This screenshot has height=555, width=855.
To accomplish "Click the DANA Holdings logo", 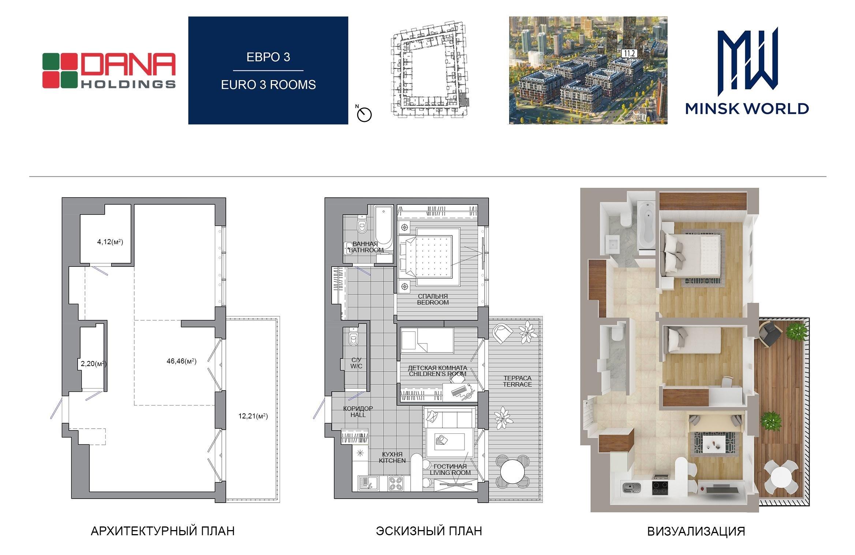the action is click(109, 70).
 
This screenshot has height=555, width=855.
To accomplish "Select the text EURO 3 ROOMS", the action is click(268, 85).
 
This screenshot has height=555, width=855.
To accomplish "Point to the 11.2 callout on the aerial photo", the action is click(629, 54).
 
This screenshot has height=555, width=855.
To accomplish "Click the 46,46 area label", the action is click(182, 361).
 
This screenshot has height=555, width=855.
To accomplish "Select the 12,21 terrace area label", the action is click(253, 416).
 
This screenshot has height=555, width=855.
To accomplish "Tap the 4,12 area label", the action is click(110, 242).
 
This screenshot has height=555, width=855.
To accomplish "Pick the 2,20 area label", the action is click(94, 364).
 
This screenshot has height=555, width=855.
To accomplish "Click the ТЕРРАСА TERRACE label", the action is click(517, 381).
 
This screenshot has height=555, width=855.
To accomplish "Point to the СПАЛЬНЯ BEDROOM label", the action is click(433, 299).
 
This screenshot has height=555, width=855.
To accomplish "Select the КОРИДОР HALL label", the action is click(358, 411).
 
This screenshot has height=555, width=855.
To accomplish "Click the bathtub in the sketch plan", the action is click(384, 228).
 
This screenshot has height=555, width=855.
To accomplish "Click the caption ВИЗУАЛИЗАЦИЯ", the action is click(696, 531).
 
